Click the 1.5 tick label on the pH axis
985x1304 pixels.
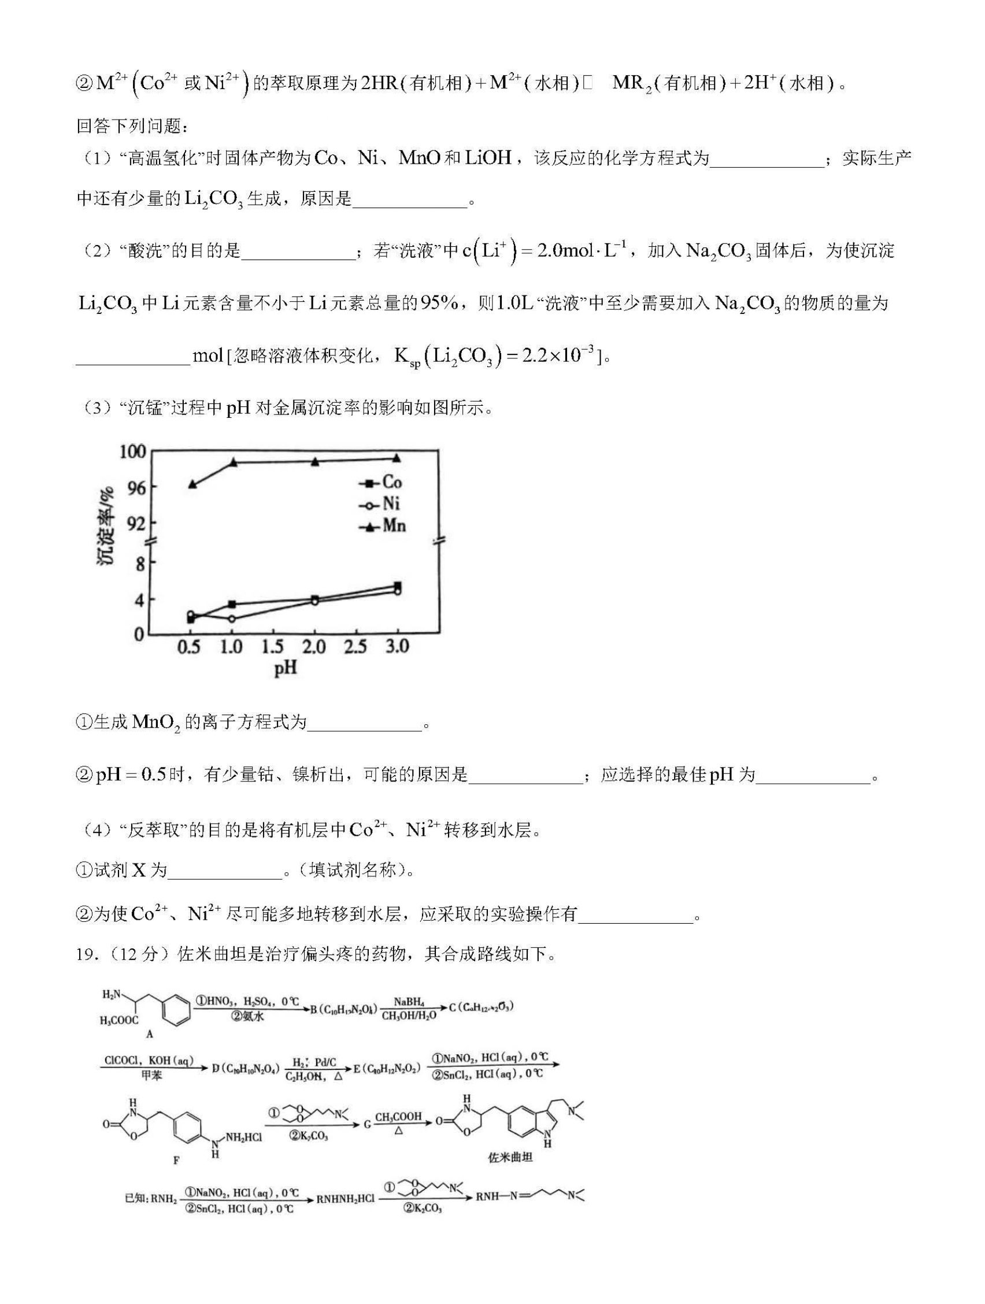pos(272,647)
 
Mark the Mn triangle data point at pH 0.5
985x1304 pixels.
pos(192,484)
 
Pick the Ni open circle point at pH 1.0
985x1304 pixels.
pos(232,618)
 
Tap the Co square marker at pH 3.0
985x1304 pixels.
pos(397,586)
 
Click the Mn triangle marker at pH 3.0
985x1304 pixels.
pos(397,458)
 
